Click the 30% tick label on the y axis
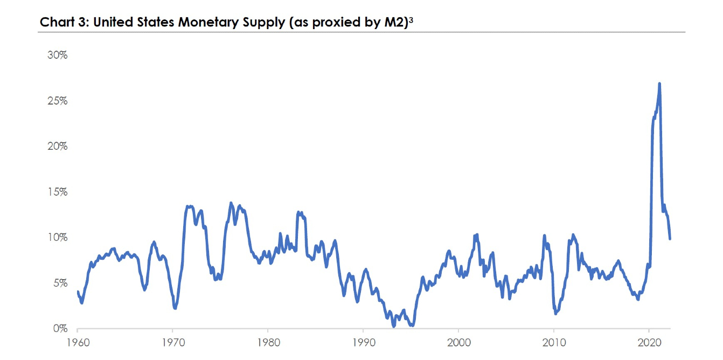pyautogui.click(x=57, y=56)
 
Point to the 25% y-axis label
pyautogui.click(x=57, y=101)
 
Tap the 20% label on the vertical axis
pyautogui.click(x=57, y=147)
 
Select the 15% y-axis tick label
pyautogui.click(x=57, y=192)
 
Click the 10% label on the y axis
pyautogui.click(x=57, y=238)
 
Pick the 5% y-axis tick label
pyautogui.click(x=59, y=283)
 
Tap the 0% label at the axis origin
pyautogui.click(x=59, y=328)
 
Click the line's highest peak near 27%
pyautogui.click(x=659, y=84)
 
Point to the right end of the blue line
pyautogui.click(x=670, y=238)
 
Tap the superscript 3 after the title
pyautogui.click(x=411, y=20)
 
